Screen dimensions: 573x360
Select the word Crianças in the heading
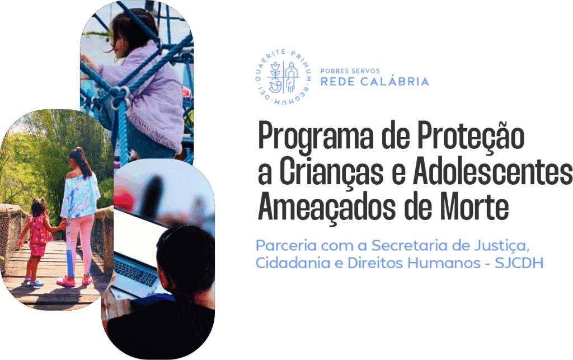tap(331, 172)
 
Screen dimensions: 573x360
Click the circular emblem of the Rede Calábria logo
tap(283, 76)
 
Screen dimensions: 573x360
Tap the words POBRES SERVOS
tap(350, 71)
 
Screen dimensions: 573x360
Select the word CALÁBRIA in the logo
tap(394, 81)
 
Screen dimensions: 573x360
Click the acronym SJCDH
tap(519, 263)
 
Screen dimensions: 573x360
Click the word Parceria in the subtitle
tap(286, 245)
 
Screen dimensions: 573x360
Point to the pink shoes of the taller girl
tap(74, 280)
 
